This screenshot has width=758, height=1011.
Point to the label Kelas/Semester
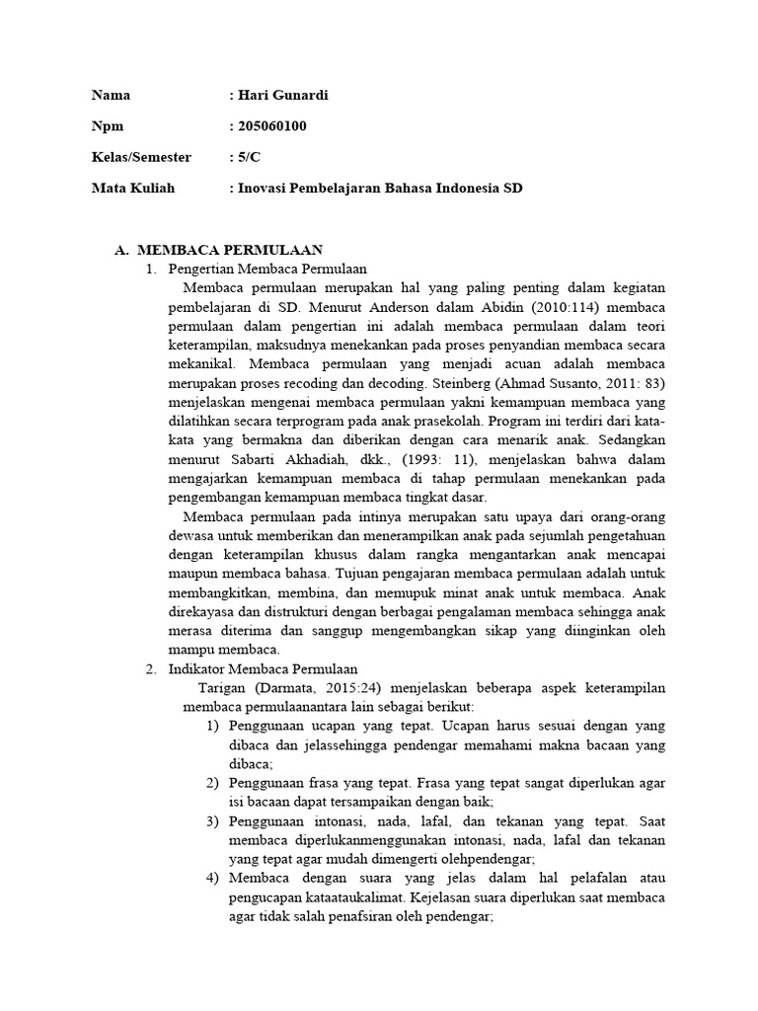coord(141,157)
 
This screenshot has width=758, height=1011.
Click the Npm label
coord(108,126)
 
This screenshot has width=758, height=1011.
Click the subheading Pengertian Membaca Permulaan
coord(267,269)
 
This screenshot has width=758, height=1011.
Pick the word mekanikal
coord(199,361)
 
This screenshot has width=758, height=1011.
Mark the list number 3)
coord(212,821)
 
